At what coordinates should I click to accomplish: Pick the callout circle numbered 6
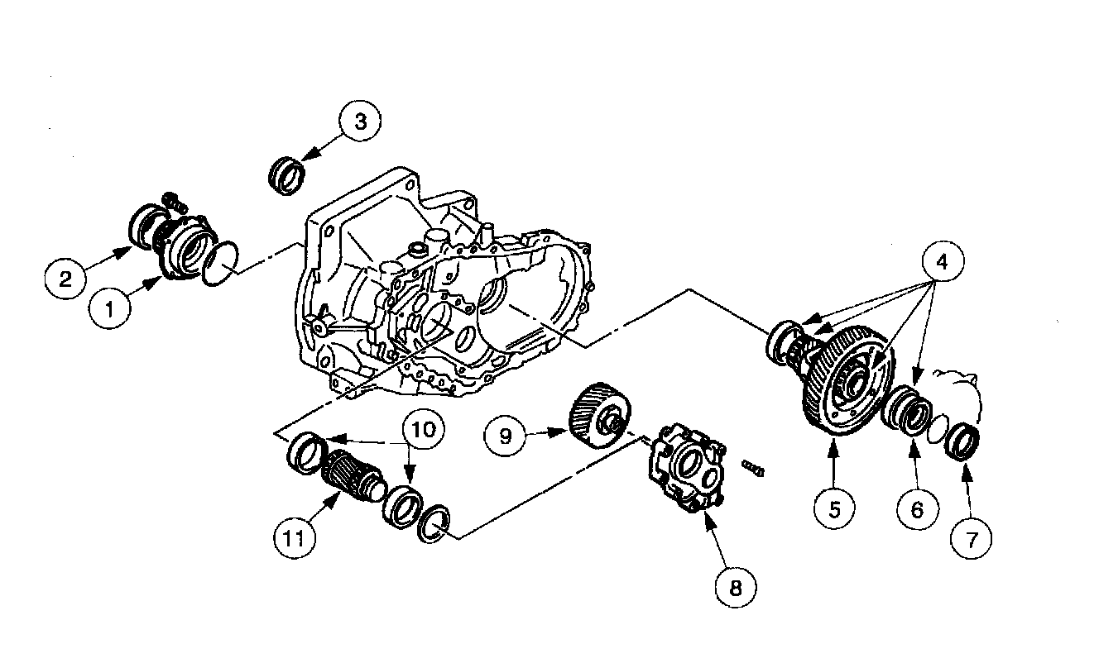pos(916,509)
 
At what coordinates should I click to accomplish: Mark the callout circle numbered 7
pos(972,538)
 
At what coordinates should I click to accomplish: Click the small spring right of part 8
pos(754,469)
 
